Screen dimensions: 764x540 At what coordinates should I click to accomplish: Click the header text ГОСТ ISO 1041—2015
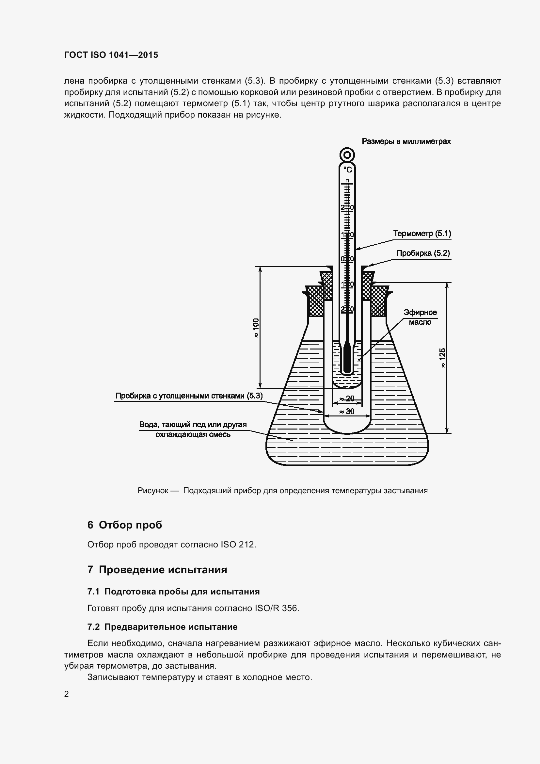click(x=111, y=55)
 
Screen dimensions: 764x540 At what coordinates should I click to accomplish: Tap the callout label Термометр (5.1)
click(x=422, y=234)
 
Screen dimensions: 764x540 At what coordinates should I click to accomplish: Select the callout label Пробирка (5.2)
click(x=423, y=253)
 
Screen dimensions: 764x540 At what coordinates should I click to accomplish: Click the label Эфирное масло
click(x=420, y=317)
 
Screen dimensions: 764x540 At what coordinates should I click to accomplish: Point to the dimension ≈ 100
click(x=255, y=328)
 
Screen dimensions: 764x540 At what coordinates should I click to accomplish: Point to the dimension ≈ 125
click(x=442, y=358)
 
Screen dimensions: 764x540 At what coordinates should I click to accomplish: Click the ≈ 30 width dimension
click(x=347, y=412)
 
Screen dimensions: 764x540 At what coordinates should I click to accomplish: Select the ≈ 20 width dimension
click(x=347, y=398)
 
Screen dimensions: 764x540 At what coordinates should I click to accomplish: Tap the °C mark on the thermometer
click(x=347, y=170)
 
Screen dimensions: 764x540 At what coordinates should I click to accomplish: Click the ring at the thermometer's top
click(x=347, y=155)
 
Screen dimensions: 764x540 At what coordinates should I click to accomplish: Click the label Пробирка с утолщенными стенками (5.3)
click(x=189, y=396)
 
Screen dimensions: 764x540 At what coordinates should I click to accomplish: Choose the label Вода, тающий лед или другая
click(x=193, y=425)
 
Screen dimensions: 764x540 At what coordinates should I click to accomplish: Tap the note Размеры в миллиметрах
click(x=406, y=141)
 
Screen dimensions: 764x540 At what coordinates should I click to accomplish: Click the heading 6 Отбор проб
click(x=125, y=525)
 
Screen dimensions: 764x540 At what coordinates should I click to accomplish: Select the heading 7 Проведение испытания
click(x=157, y=570)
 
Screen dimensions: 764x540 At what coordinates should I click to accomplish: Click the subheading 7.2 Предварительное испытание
click(x=162, y=627)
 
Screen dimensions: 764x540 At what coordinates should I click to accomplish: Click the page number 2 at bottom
click(x=67, y=694)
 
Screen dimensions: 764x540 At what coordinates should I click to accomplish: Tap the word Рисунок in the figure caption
click(x=152, y=491)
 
